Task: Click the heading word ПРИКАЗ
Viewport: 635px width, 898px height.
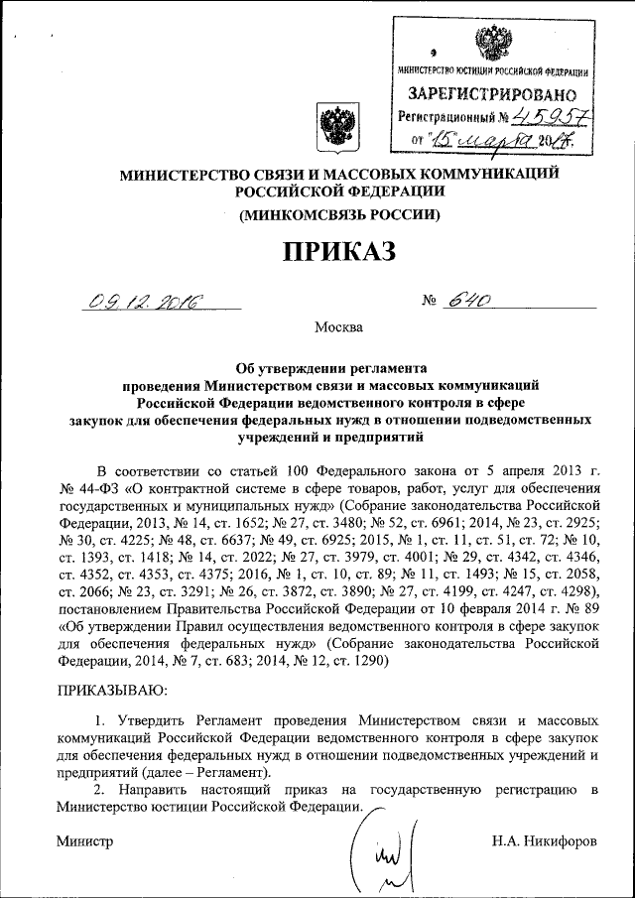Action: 339,253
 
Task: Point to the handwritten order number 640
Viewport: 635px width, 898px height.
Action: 467,302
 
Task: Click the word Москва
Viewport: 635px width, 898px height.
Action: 338,326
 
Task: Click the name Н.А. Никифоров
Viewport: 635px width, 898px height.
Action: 544,841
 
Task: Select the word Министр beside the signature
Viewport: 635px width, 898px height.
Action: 84,841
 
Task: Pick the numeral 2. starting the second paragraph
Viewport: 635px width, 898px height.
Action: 100,790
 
